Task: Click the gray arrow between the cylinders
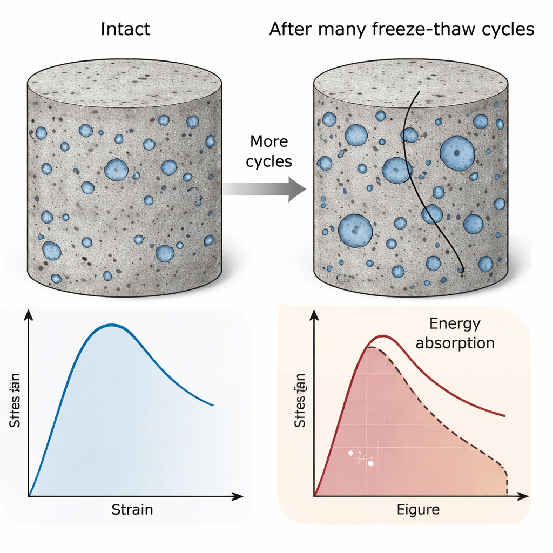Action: (264, 189)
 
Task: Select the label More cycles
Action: (268, 151)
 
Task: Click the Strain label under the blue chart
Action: (132, 509)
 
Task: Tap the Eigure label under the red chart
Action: (418, 509)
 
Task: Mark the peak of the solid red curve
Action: (383, 336)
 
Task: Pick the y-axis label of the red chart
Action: (301, 401)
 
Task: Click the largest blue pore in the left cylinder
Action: (116, 169)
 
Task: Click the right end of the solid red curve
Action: (504, 416)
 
